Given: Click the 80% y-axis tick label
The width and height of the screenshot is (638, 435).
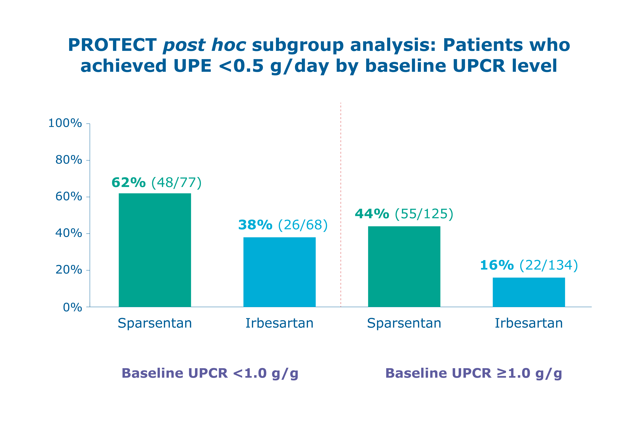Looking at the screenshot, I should [69, 160].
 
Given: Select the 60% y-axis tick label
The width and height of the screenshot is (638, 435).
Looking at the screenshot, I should [69, 197].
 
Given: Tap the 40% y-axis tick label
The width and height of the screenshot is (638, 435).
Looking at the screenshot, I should [69, 233].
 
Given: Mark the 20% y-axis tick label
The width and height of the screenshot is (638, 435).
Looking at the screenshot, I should [69, 270].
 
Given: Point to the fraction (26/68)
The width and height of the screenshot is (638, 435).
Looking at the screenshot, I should [303, 225].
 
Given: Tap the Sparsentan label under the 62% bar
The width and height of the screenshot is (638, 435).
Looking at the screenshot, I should [155, 323].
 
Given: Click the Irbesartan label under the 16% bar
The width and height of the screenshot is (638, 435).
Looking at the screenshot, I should [529, 323].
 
